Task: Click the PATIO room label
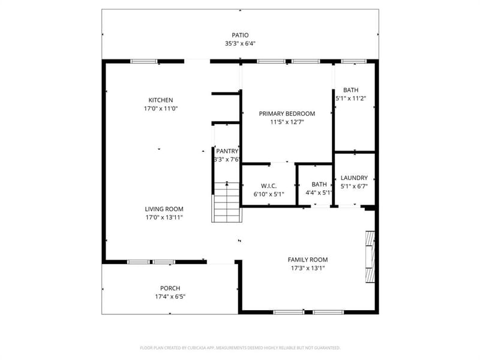coord(240,35)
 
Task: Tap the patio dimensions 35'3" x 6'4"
coord(240,43)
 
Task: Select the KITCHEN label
coord(161,100)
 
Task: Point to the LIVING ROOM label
coord(164,209)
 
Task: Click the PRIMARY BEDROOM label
coord(287,113)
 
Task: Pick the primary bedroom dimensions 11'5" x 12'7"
coord(287,122)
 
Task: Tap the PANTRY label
coord(227,151)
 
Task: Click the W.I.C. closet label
coord(269,186)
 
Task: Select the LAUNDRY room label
coord(354,178)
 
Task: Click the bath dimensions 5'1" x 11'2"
coord(351,98)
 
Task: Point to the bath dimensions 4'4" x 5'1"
coord(319,193)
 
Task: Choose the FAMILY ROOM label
coord(308,260)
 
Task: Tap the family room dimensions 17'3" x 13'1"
coord(308,268)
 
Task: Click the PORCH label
coord(170,289)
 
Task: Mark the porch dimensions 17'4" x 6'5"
coord(170,296)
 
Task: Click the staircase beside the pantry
coord(227,202)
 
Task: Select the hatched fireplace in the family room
coord(370,257)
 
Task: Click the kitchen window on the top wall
coord(144,62)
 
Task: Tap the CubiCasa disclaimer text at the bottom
coord(240,348)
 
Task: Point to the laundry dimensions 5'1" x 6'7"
coord(354,186)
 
